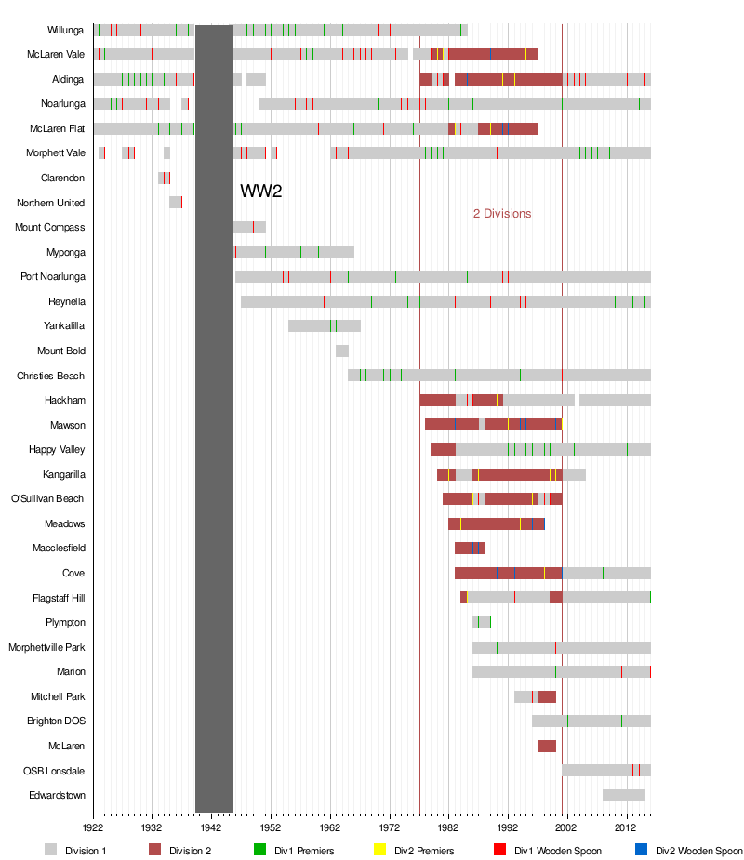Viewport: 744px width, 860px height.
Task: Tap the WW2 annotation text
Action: (x=260, y=192)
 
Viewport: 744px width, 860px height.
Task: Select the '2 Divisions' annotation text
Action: (x=502, y=214)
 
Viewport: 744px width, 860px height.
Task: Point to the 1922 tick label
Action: (x=93, y=826)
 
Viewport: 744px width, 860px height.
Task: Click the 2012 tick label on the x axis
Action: (x=626, y=826)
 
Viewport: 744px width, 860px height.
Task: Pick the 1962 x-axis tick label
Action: (x=330, y=826)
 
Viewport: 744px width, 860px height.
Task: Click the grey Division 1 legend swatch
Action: (x=51, y=850)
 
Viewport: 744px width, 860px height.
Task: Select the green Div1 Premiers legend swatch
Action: (x=260, y=850)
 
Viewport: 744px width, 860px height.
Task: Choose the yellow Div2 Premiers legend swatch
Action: (x=379, y=850)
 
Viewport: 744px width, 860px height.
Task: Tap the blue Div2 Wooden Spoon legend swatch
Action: (x=642, y=850)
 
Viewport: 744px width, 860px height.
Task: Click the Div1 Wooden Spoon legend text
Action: (x=558, y=851)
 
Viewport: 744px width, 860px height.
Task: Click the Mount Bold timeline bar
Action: (x=342, y=351)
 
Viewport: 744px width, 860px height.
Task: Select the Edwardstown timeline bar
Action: (x=623, y=795)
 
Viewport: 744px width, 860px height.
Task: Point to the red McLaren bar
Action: (x=546, y=746)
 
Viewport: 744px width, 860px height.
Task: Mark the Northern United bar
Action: (x=175, y=203)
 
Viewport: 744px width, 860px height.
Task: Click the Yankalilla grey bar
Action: (x=324, y=325)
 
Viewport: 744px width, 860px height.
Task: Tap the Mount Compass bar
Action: (x=248, y=227)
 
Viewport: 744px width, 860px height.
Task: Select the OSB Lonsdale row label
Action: (x=54, y=771)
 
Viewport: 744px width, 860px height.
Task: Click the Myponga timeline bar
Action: (x=293, y=252)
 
